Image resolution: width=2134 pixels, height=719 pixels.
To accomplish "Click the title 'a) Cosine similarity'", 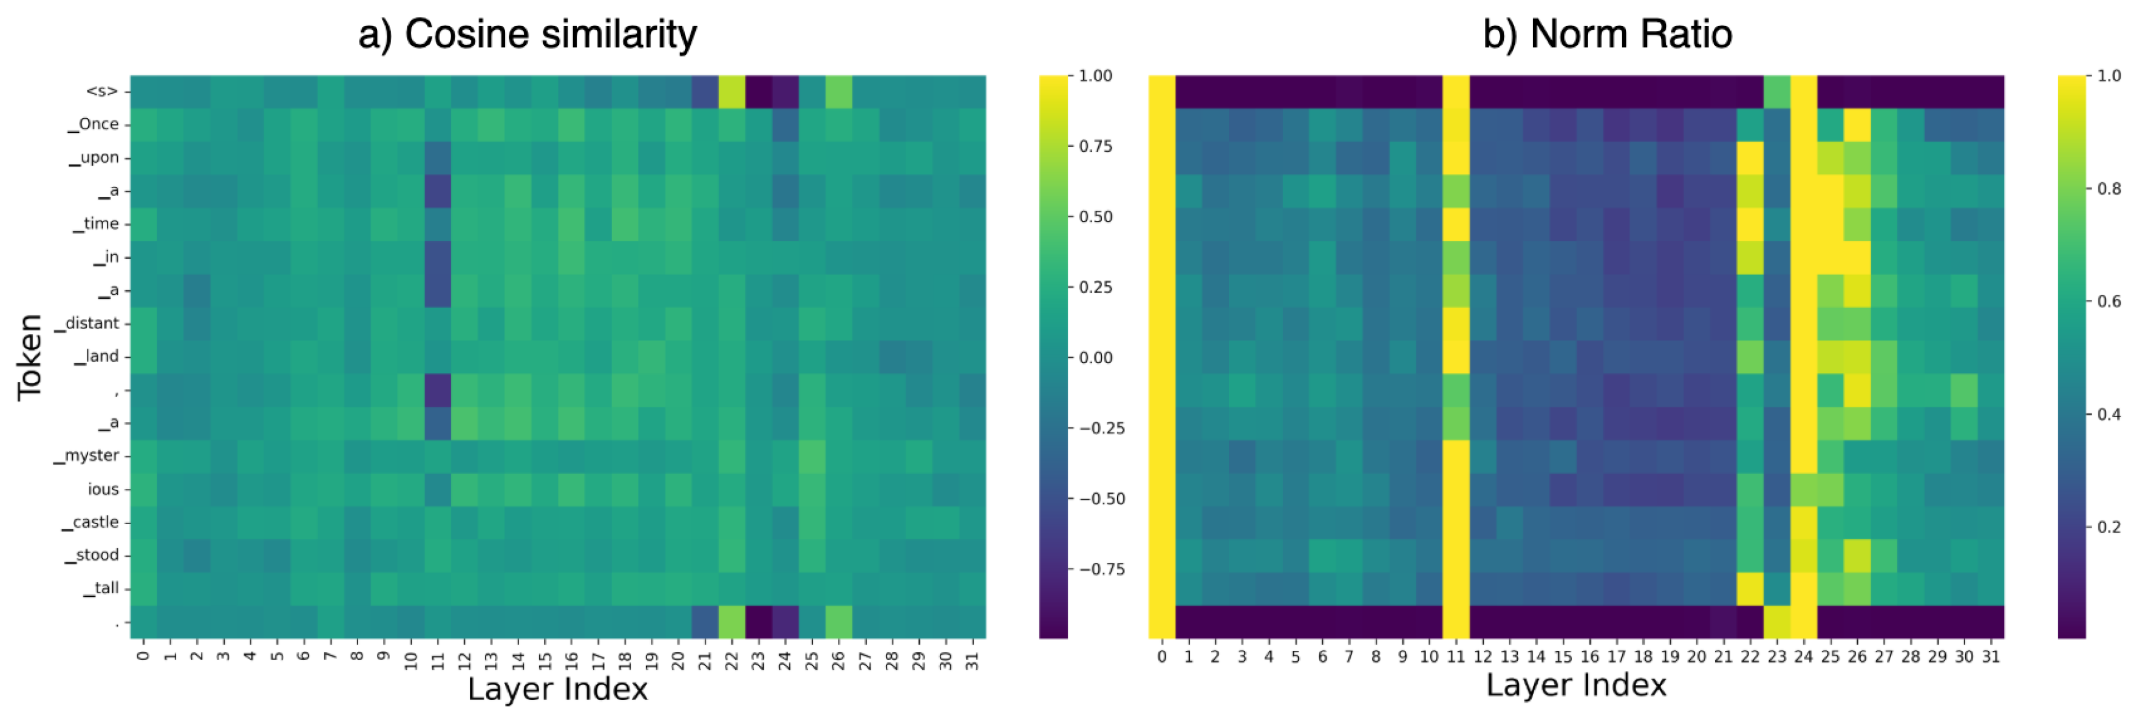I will click(x=527, y=35).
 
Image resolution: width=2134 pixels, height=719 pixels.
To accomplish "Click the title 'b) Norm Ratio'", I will click(x=1606, y=35).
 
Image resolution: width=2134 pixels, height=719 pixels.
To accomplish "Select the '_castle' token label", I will click(x=95, y=522).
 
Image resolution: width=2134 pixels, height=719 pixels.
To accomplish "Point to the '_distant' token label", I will click(x=91, y=323).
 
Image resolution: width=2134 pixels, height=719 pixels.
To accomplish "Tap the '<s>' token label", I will click(x=102, y=91).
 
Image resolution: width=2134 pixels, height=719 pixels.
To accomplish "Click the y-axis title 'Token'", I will click(x=30, y=357).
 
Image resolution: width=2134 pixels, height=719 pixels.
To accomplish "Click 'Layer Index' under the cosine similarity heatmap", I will click(x=557, y=689).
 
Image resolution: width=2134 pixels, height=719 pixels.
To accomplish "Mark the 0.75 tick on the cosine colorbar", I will click(x=1095, y=146).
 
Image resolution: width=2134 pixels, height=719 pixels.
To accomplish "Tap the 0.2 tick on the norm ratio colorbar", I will click(x=2109, y=527).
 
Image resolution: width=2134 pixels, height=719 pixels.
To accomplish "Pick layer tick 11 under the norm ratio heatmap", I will click(x=1455, y=657).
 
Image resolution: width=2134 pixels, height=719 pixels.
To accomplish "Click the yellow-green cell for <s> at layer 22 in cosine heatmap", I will click(x=731, y=91).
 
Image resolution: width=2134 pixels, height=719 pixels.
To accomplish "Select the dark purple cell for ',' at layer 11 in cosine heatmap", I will click(x=437, y=389).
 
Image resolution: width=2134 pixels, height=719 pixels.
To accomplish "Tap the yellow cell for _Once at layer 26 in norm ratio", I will click(x=1857, y=124).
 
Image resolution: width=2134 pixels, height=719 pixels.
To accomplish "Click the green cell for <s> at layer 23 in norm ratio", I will click(x=1776, y=91).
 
